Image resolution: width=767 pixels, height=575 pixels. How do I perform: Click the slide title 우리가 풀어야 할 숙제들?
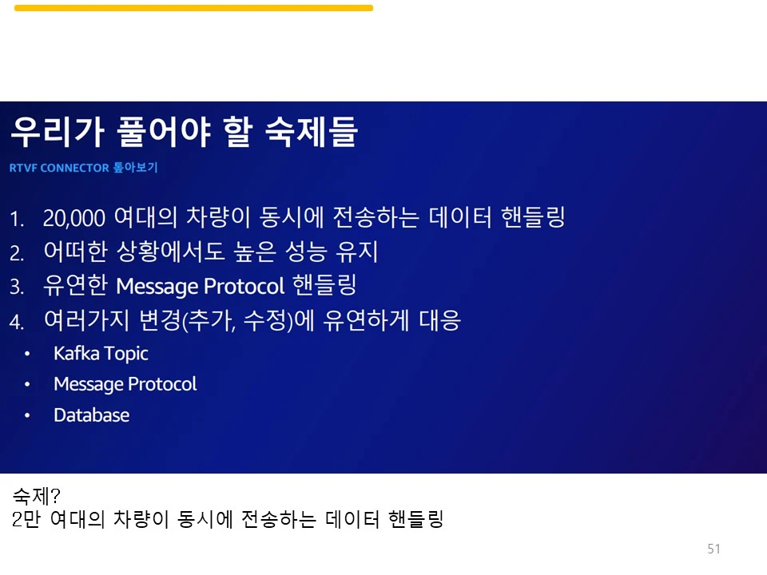[184, 133]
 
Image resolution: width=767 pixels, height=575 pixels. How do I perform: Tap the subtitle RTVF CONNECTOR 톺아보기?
[84, 169]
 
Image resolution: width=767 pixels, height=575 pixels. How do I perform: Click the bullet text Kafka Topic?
[101, 354]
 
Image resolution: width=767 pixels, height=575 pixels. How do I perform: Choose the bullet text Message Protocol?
[125, 384]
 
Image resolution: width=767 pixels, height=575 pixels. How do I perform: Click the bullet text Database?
[91, 415]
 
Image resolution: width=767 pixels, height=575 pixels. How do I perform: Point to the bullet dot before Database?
[28, 416]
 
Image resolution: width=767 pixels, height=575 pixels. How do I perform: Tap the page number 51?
[714, 549]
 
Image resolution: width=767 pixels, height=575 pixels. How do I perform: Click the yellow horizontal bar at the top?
[193, 8]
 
